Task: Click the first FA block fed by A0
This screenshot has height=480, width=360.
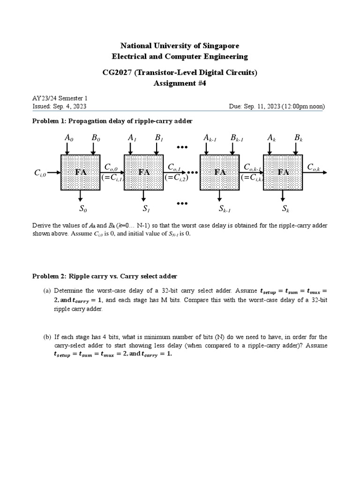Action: click(81, 172)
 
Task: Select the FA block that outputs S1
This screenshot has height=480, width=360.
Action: click(143, 172)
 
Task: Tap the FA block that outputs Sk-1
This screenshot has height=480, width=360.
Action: click(220, 172)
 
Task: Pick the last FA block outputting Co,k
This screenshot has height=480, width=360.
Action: click(283, 172)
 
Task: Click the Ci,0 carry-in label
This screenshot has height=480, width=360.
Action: click(40, 173)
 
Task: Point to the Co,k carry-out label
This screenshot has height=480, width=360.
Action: click(313, 167)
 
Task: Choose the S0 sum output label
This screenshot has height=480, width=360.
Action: click(82, 209)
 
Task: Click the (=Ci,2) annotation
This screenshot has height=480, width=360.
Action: click(176, 178)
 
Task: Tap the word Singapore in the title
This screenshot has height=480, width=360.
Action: click(220, 45)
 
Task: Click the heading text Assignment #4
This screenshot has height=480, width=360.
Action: click(180, 83)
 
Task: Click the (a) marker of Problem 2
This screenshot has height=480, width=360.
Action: click(47, 291)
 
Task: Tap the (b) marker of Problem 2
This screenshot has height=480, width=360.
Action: click(47, 337)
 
